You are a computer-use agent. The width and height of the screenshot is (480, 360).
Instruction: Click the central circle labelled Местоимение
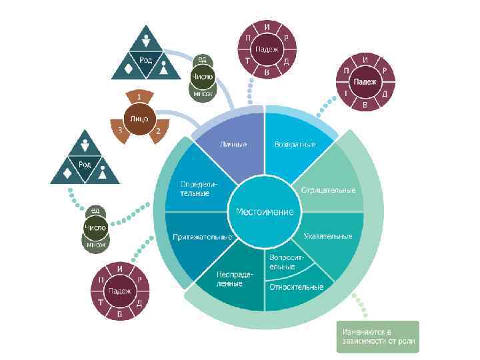(x=265, y=211)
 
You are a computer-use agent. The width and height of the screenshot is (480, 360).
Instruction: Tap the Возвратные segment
(x=294, y=146)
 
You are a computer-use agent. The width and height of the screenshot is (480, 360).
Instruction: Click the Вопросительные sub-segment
(x=287, y=261)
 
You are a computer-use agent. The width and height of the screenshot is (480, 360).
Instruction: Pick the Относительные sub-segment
(x=296, y=287)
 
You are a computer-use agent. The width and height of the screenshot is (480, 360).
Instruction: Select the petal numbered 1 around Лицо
(x=139, y=97)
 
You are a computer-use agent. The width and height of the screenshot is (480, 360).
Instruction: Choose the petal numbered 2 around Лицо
(x=158, y=131)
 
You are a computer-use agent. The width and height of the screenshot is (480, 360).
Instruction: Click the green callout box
(x=377, y=336)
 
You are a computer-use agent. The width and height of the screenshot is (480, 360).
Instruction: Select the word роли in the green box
(x=407, y=341)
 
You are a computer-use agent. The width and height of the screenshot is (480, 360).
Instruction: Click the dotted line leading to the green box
(x=364, y=306)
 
